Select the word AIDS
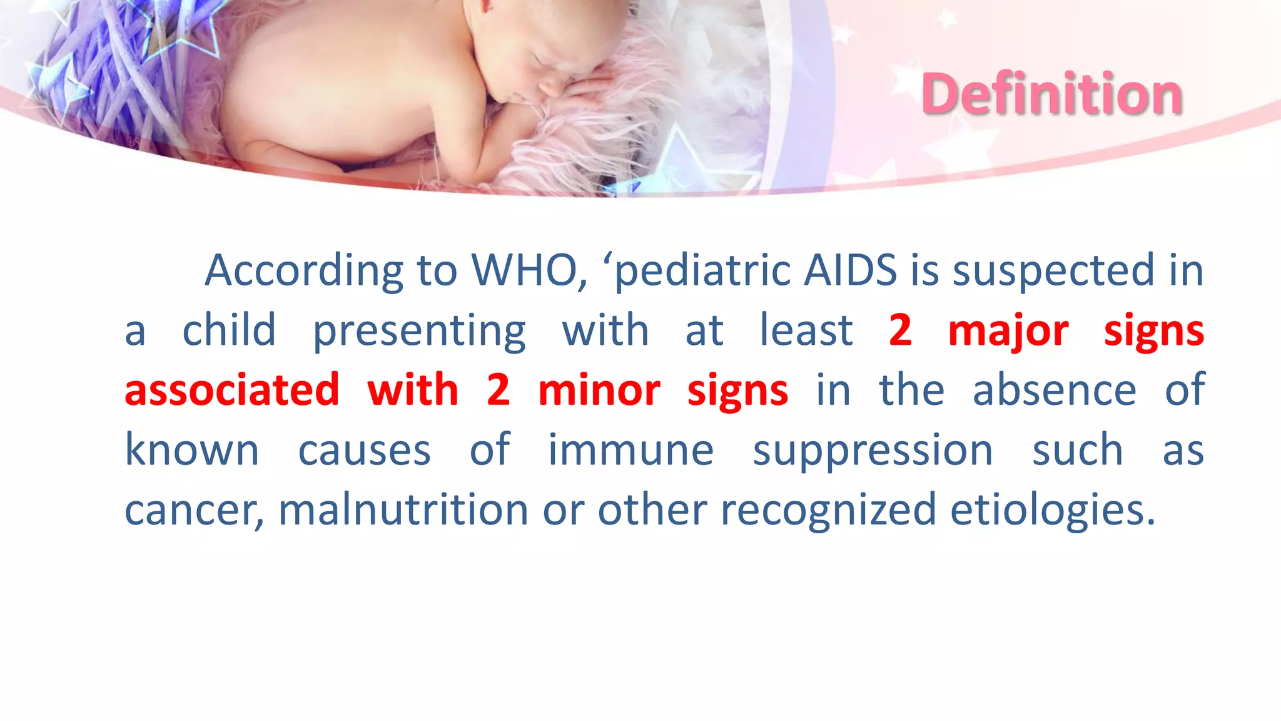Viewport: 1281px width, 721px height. tap(851, 270)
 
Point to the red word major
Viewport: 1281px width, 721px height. tap(1008, 330)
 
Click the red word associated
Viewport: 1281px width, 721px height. tap(232, 390)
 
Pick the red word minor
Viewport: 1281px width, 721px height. tap(599, 390)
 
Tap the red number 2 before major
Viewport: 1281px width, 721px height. tap(900, 330)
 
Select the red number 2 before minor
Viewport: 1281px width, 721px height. tap(498, 390)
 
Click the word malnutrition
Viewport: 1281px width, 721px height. tap(403, 509)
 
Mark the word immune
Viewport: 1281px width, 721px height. tap(630, 450)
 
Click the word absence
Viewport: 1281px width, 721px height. tap(1054, 390)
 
